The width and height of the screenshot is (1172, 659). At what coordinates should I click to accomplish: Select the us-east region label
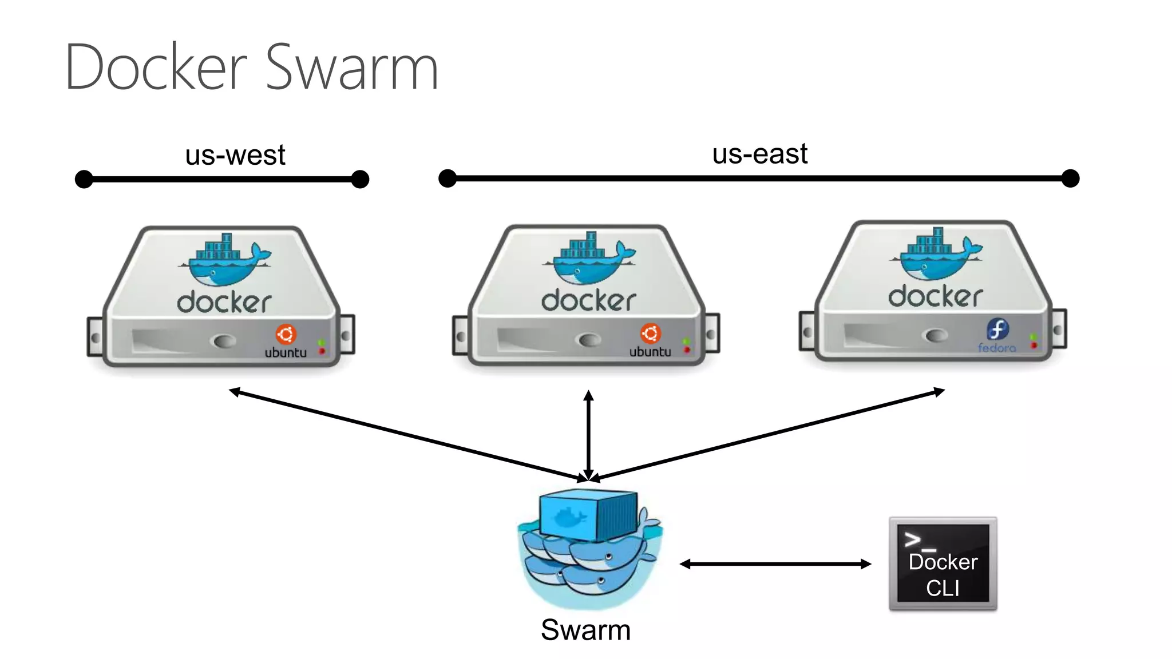[759, 154]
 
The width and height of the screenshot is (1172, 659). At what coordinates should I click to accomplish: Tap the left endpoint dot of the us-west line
[84, 179]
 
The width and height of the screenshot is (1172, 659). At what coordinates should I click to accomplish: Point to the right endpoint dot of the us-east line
[1070, 178]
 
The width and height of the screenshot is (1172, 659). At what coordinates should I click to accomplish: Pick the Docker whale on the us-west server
[225, 260]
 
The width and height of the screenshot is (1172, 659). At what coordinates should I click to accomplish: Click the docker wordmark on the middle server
[588, 300]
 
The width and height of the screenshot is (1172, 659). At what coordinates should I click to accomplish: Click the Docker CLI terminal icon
[943, 564]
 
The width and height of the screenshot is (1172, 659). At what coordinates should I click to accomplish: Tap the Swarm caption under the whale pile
[585, 630]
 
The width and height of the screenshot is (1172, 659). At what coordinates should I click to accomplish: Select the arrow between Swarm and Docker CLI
[775, 564]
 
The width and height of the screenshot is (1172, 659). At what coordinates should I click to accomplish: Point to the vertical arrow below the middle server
[588, 435]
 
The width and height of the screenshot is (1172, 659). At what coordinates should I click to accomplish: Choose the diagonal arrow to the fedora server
[767, 435]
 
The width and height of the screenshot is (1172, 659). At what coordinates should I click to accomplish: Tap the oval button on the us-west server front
[223, 341]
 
